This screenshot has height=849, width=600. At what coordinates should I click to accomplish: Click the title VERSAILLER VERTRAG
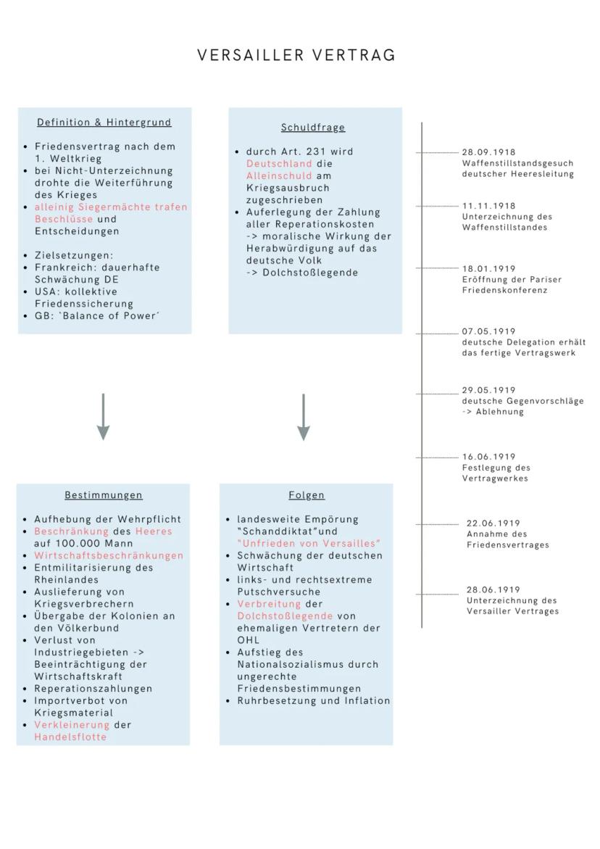296,56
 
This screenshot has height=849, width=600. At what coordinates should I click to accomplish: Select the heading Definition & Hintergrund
104,123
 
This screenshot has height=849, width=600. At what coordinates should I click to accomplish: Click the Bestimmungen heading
104,495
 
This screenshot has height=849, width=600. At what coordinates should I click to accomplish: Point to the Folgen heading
307,495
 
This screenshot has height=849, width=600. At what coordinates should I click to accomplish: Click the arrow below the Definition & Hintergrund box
104,418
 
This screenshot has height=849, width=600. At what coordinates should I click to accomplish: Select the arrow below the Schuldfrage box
304,418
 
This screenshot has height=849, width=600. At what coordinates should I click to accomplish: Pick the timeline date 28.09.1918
488,152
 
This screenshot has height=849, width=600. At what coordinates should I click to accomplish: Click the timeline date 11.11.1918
488,206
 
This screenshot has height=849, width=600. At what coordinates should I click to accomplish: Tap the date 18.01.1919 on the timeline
488,268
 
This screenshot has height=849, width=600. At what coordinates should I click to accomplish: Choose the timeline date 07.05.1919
488,331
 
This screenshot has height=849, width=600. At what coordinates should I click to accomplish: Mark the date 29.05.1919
488,390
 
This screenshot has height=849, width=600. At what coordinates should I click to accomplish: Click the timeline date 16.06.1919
488,457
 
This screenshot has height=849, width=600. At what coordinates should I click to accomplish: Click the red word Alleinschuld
279,176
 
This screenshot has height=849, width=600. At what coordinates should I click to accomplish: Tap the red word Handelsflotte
70,737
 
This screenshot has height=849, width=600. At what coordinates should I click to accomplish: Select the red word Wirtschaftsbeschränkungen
109,555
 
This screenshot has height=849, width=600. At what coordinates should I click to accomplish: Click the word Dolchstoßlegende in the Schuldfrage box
312,273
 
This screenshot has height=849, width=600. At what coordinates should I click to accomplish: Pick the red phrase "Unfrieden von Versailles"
309,543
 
